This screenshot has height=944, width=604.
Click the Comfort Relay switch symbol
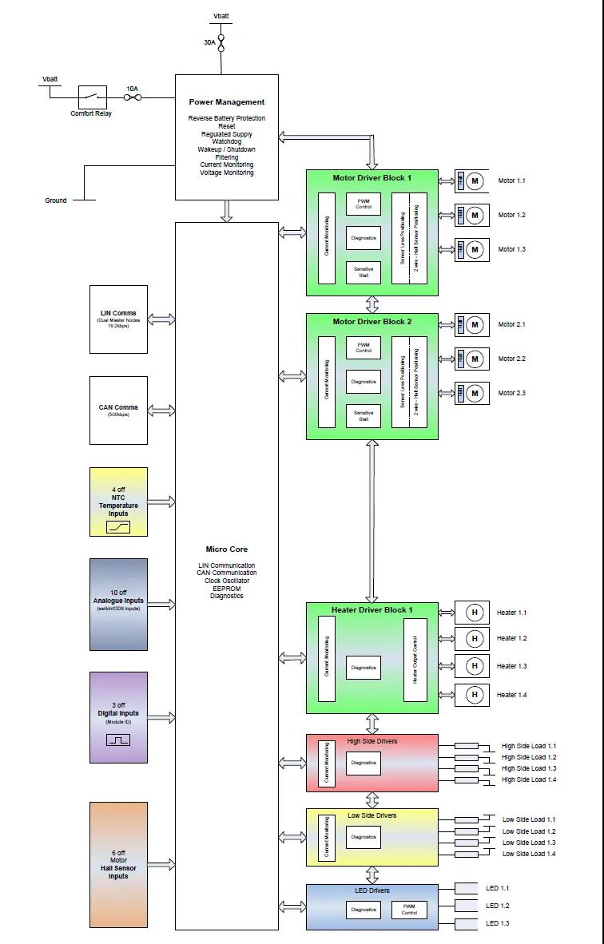(x=92, y=97)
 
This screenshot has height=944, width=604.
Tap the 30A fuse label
(x=209, y=42)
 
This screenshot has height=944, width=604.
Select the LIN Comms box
(x=118, y=319)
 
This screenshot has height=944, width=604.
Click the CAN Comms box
(x=118, y=410)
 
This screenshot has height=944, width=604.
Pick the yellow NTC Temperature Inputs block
(x=118, y=502)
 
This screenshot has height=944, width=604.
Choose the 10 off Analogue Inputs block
(x=118, y=604)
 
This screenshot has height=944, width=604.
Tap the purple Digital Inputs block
(x=118, y=716)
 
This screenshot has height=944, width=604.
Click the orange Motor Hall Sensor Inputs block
(x=118, y=864)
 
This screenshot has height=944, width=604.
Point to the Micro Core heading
(x=227, y=549)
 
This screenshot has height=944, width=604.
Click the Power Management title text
(x=227, y=102)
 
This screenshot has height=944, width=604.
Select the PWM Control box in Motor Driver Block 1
(x=364, y=204)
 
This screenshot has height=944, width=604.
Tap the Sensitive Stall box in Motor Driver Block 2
(x=364, y=415)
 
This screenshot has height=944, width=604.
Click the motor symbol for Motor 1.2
(x=475, y=215)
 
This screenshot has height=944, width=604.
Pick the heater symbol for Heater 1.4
(x=475, y=695)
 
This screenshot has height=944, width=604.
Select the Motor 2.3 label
(x=512, y=393)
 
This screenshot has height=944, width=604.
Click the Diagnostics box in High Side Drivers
(x=364, y=763)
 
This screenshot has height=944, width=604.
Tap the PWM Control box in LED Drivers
(x=409, y=910)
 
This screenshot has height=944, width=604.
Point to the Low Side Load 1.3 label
(x=529, y=843)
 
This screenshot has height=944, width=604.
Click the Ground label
(x=56, y=200)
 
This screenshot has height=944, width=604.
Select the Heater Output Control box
(x=415, y=659)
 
